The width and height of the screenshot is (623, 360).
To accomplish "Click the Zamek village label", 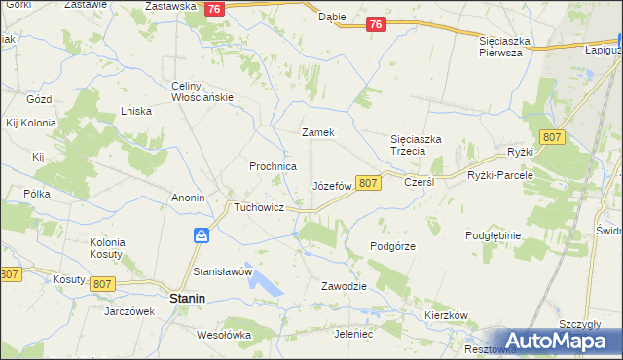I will (318, 132).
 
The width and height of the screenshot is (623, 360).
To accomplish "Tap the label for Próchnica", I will (273, 166).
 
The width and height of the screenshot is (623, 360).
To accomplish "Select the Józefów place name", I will (331, 185).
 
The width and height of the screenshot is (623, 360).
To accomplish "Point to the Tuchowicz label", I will (258, 208).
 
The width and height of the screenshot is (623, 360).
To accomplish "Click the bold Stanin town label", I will (187, 299).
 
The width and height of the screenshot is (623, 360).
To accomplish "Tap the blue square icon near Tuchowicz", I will (201, 235).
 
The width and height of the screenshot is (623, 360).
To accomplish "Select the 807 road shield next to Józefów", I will (367, 183).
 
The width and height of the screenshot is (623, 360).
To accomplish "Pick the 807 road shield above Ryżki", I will (553, 138).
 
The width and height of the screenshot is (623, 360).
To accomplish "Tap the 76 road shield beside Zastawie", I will (217, 8).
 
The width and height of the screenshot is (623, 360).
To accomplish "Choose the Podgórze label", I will (393, 246).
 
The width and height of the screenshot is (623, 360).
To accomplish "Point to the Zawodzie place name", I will (344, 286).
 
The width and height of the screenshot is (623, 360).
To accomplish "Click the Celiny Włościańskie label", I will (198, 90).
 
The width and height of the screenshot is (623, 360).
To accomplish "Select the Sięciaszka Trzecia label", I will (416, 145).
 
